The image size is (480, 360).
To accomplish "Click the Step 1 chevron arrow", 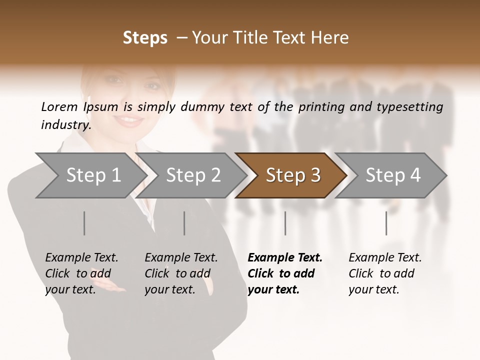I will click(93, 175).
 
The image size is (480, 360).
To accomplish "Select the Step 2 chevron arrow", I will click(193, 175).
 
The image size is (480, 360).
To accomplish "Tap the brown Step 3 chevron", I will click(292, 175).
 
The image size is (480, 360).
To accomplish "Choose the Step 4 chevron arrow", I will click(392, 175).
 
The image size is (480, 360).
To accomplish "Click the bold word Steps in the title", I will click(145, 38).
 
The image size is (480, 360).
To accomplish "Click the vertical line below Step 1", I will click(84, 223).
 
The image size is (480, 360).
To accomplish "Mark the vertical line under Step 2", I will click(184, 223).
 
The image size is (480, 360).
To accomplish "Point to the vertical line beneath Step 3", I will click(285, 223).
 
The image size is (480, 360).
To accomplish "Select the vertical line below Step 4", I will click(386, 223).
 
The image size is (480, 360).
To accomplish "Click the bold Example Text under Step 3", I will click(285, 258).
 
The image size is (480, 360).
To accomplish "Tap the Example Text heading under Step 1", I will click(81, 258).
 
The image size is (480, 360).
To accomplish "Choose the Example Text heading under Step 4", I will click(385, 258).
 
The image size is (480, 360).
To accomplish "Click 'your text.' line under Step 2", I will click(169, 289).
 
